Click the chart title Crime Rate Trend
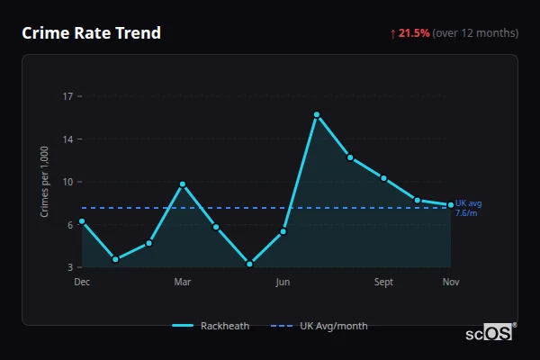coord(91,33)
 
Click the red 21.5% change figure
coord(414,33)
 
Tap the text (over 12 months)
coord(475,33)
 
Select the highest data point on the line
coord(317,114)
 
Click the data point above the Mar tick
coord(183,184)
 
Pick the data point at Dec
coord(82,220)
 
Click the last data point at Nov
coord(451,204)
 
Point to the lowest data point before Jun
coord(249,264)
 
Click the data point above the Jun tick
coord(283,231)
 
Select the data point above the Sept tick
coord(383,178)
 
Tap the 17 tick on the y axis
coord(67,95)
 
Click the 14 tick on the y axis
coord(67,139)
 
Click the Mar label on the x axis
coord(183,282)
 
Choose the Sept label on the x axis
coord(383,282)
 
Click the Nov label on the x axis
coord(451,282)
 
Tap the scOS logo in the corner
coord(490,333)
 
